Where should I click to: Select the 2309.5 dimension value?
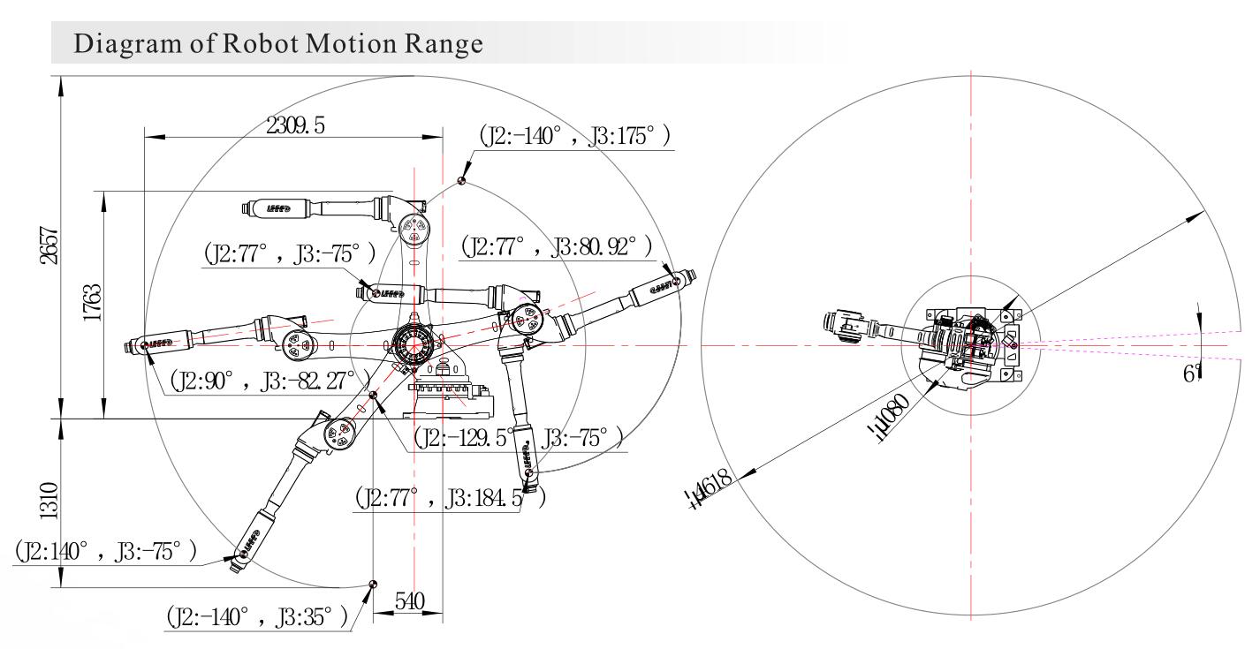(294, 126)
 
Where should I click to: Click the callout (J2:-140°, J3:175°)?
(574, 137)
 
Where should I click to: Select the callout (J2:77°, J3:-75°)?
(289, 253)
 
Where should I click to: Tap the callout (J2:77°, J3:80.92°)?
(556, 245)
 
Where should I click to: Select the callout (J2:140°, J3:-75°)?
(106, 552)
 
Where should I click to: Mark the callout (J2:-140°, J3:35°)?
(256, 616)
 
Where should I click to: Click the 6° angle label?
(1193, 374)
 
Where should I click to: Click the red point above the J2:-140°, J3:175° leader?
(461, 180)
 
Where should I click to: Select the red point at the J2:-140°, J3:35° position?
(373, 584)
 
